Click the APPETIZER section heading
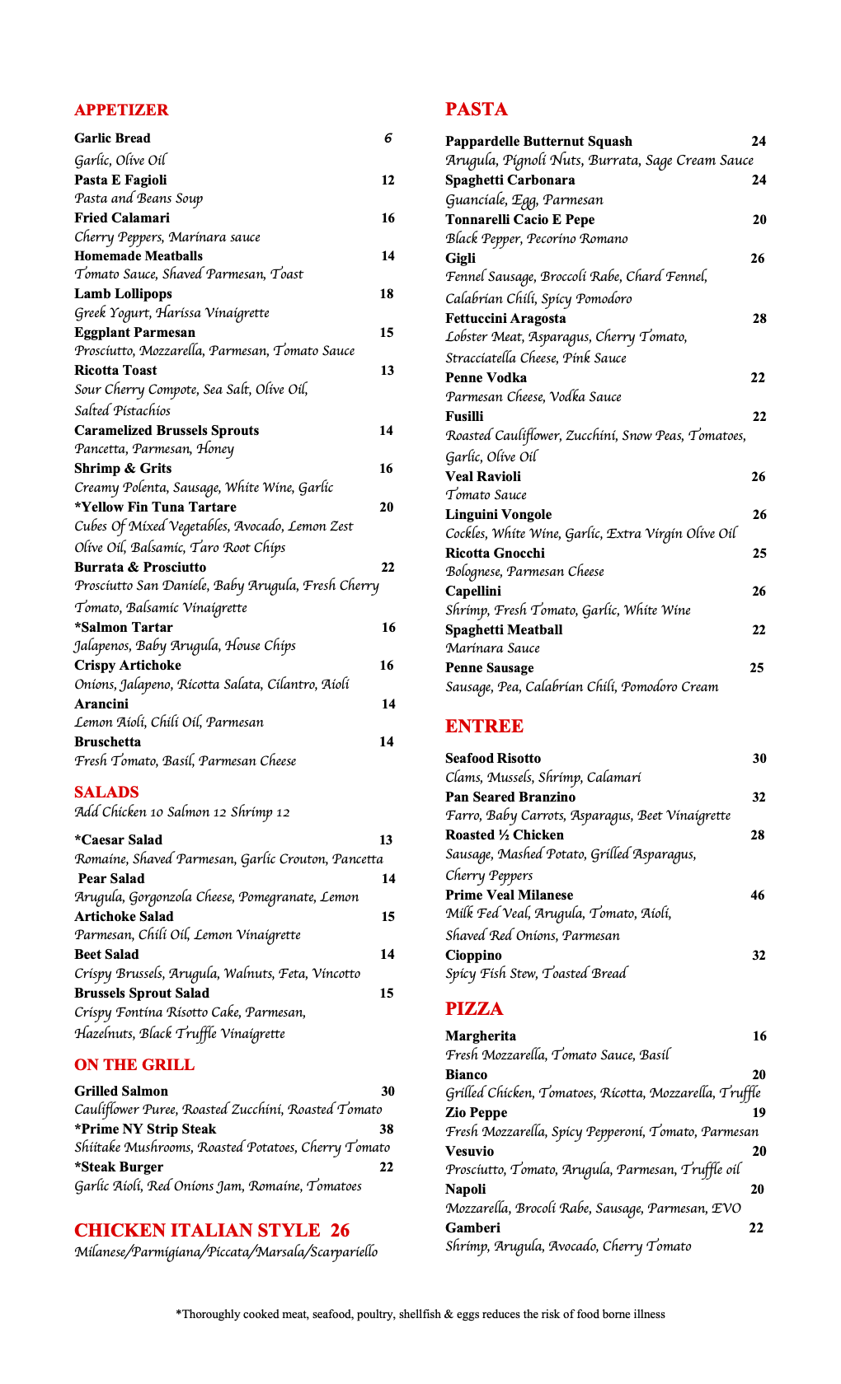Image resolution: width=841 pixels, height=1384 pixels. (x=121, y=110)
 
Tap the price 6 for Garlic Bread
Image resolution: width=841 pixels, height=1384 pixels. (x=388, y=138)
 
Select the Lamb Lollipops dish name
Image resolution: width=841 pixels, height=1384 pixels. (x=123, y=294)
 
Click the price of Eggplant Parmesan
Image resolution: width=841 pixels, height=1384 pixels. (x=387, y=333)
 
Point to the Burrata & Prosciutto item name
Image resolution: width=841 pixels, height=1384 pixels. (x=140, y=568)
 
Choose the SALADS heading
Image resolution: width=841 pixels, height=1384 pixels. (x=106, y=793)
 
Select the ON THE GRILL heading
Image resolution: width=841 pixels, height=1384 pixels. (x=134, y=1065)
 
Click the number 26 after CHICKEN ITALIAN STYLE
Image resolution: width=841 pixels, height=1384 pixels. (x=340, y=1231)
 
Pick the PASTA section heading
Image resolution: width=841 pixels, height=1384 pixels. (x=477, y=110)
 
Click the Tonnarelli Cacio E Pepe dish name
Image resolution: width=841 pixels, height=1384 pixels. (x=519, y=220)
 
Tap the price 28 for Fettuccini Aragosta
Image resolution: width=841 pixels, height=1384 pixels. (x=759, y=319)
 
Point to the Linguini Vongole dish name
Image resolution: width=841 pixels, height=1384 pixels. (x=498, y=515)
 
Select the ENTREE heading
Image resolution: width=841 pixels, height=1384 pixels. (x=484, y=727)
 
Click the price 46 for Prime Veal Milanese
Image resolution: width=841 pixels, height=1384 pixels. (x=758, y=895)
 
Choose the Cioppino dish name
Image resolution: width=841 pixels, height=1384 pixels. (x=473, y=956)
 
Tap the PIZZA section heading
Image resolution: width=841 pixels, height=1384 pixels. (x=474, y=1009)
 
